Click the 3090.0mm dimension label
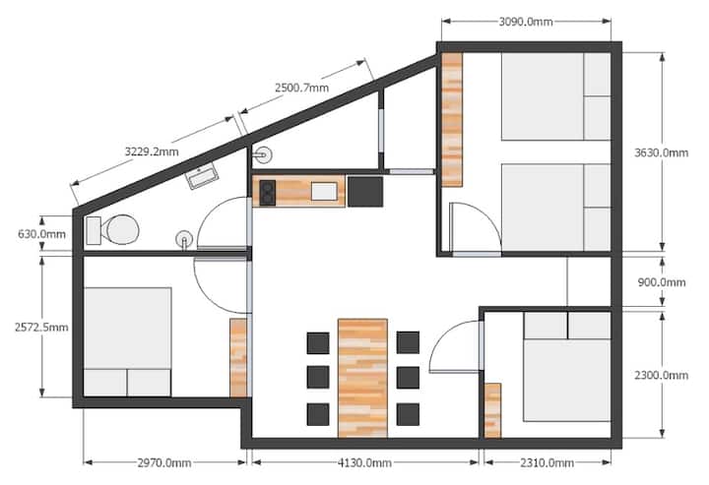526,22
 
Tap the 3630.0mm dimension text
661,152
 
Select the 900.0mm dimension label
662,282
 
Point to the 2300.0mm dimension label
661,375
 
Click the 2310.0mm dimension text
548,463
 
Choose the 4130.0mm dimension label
364,463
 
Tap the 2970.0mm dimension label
164,463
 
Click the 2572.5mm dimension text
41,327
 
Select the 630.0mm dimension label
41,234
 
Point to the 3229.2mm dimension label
152,152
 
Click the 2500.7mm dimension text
302,88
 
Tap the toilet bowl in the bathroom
120,230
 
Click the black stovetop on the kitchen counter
267,193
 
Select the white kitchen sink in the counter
324,192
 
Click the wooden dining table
362,378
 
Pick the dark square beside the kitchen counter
365,192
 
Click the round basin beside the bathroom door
184,239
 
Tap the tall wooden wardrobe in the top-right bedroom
452,120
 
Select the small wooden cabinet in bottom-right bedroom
493,410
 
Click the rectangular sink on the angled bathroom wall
202,176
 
